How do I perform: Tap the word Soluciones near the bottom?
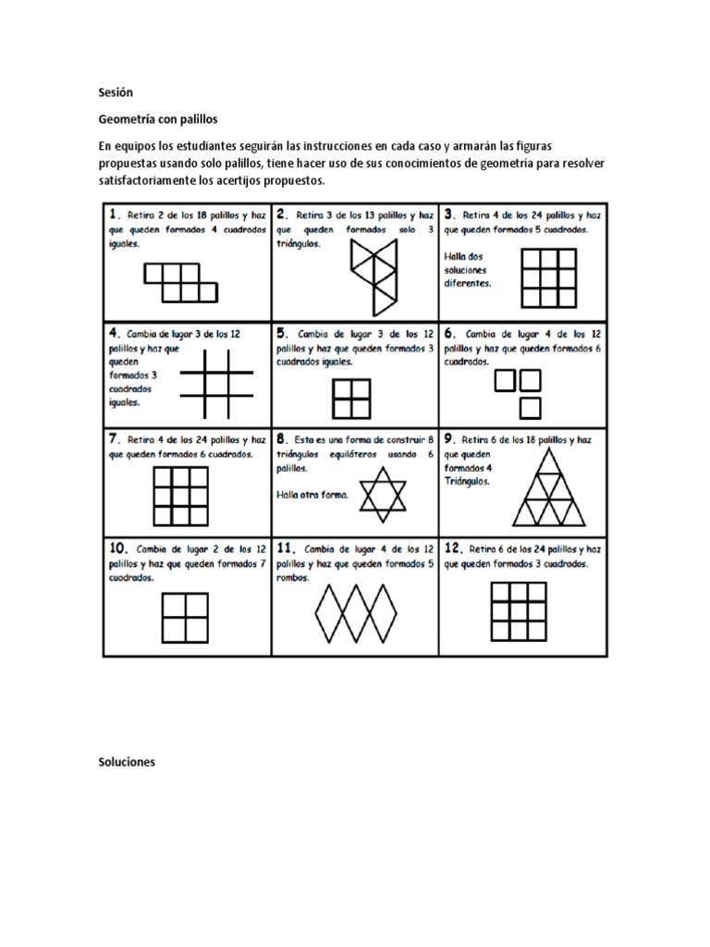[128, 762]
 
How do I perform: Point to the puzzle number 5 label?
[281, 332]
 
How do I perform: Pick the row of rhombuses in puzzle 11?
[356, 609]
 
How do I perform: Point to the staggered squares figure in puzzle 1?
[181, 281]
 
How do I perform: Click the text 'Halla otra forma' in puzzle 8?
[312, 495]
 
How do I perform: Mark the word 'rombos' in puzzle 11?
[291, 579]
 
